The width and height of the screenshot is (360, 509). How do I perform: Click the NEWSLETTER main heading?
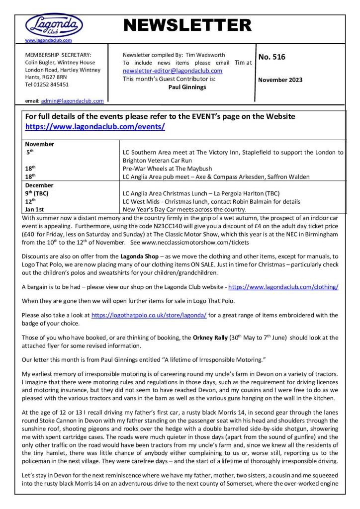tap(187, 25)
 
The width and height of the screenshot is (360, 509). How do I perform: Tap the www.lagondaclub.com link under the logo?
tap(48, 40)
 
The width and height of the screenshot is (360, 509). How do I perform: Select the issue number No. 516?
tap(272, 57)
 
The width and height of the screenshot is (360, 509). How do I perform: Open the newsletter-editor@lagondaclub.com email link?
tap(173, 71)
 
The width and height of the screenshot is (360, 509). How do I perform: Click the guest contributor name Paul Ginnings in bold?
tap(187, 87)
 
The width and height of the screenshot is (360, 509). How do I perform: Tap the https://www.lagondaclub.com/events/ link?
tap(95, 127)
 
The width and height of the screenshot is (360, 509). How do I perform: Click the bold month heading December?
tap(39, 185)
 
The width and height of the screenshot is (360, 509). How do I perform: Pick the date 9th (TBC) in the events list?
tap(37, 193)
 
